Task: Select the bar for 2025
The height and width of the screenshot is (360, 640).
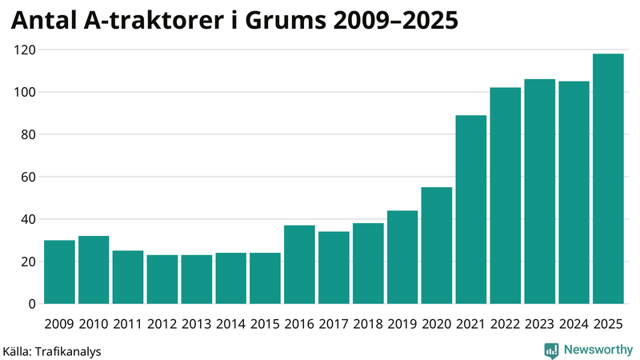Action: [x=608, y=179]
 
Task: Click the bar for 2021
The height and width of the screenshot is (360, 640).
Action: [x=471, y=210]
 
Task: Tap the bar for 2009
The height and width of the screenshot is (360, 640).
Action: [x=59, y=272]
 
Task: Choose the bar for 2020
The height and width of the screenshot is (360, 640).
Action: [x=437, y=246]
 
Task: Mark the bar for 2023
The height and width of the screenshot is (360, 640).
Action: [x=539, y=192]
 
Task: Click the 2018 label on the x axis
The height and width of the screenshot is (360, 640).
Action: [x=368, y=324]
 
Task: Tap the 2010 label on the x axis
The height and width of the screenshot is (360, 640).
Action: [x=94, y=324]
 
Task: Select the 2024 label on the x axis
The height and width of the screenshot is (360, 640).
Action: [x=574, y=324]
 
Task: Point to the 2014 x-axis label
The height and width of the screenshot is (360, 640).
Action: [x=230, y=324]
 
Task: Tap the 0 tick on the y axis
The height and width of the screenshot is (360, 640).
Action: [x=32, y=304]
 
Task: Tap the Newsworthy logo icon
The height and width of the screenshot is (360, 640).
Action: [x=551, y=350]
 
